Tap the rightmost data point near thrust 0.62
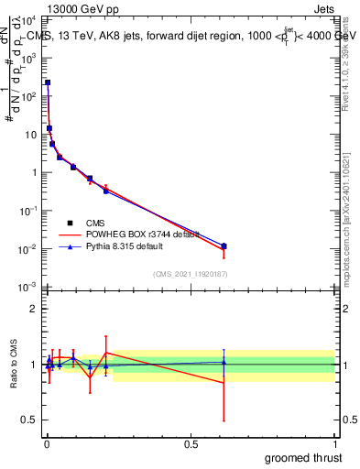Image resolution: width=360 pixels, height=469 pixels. pyautogui.click(x=224, y=246)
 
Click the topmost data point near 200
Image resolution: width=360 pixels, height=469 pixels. pyautogui.click(x=48, y=82)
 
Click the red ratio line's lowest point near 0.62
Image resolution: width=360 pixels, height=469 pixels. pyautogui.click(x=224, y=383)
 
